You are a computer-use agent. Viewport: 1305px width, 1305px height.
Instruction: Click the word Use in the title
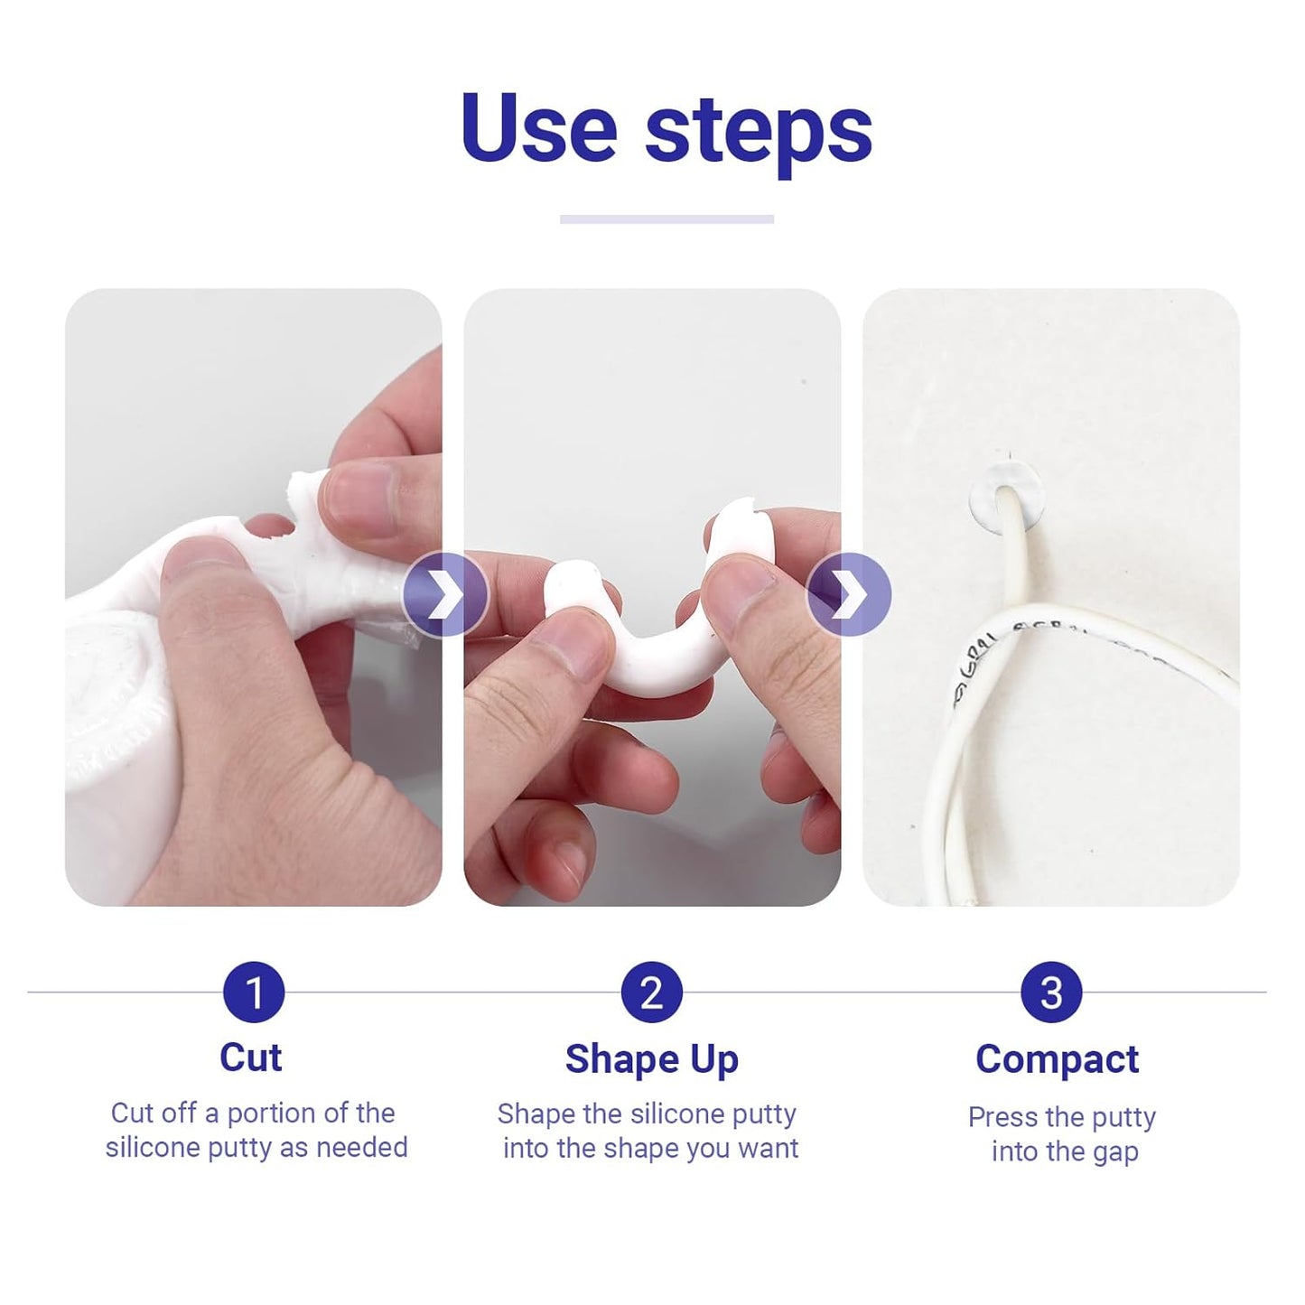538,128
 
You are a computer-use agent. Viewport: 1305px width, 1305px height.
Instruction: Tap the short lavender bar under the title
666,219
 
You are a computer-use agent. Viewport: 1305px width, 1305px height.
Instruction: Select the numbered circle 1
254,993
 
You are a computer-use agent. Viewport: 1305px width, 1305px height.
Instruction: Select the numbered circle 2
651,993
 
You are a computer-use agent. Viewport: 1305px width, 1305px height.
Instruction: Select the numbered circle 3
1051,993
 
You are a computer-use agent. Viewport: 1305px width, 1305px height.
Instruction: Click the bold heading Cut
250,1058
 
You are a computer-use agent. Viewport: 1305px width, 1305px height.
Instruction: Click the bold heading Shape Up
651,1059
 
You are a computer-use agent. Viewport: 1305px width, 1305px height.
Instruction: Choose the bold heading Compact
1057,1059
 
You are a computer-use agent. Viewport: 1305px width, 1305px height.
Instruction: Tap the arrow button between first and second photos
444,596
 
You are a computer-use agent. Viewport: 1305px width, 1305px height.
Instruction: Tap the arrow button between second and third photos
848,596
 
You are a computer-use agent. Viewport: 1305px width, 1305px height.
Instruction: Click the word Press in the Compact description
1002,1117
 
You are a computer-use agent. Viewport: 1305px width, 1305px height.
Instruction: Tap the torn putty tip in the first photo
302,493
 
